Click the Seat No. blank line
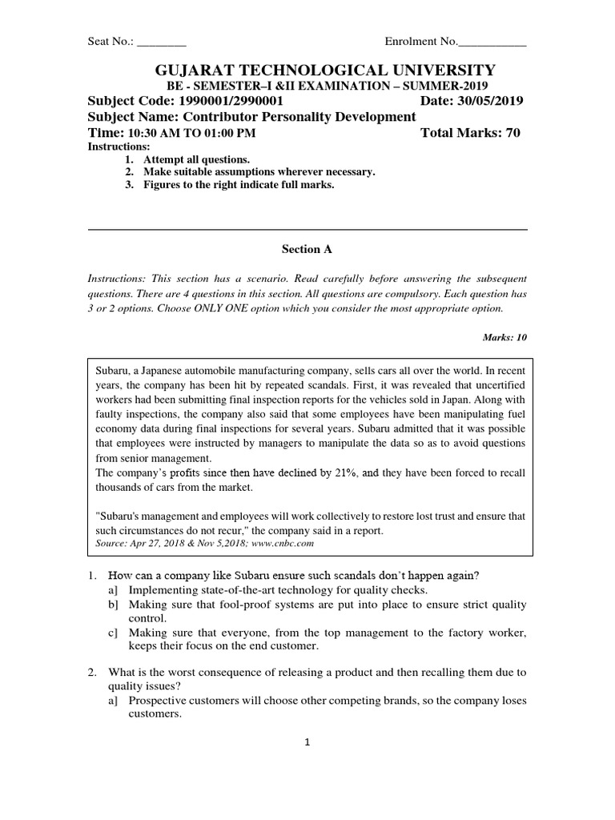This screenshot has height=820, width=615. [162, 42]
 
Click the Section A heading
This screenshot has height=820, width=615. [307, 249]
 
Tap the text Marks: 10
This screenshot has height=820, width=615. [504, 337]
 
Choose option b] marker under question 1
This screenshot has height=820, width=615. [113, 605]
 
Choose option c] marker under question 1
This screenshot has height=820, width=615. [113, 633]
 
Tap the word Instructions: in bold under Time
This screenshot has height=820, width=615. [118, 147]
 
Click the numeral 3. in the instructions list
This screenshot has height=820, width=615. [130, 185]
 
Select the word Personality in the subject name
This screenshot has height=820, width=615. [307, 117]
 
